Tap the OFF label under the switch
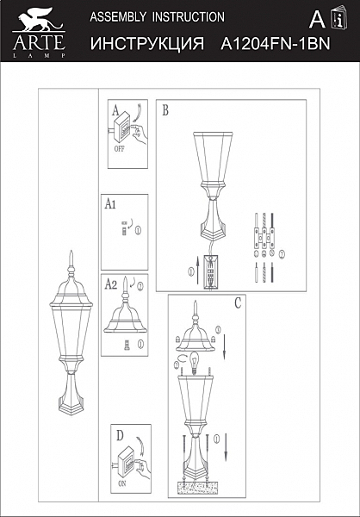click(x=119, y=147)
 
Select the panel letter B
click(x=164, y=109)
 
